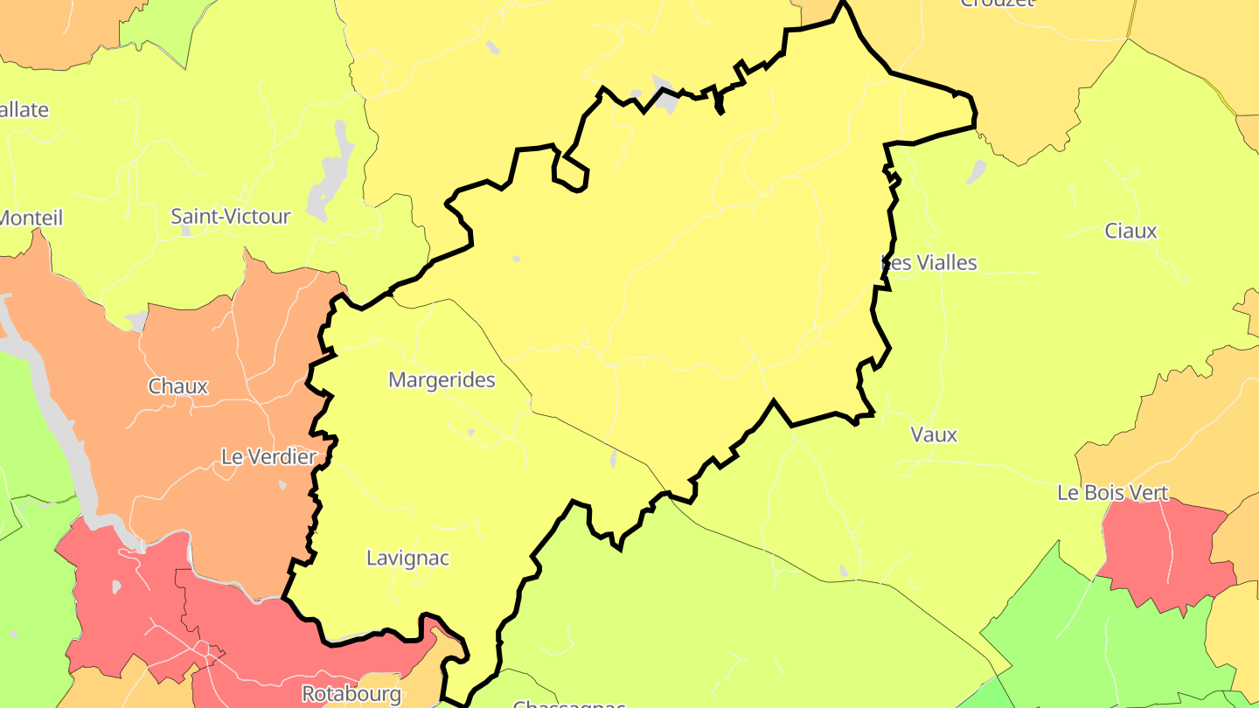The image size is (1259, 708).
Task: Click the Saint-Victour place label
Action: point(230,216)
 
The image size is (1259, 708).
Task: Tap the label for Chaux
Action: point(178,385)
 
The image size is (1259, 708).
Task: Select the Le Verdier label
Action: point(268,456)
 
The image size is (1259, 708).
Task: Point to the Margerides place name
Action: point(442,380)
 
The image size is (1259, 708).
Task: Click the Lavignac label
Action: point(407,558)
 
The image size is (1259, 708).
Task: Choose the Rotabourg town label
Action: point(351,693)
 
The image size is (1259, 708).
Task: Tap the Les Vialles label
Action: point(929,262)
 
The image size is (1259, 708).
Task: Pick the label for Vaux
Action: point(934,434)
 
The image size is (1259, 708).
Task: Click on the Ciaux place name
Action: point(1130,231)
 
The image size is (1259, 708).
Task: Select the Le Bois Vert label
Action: point(1112,493)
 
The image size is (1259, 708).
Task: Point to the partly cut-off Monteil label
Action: point(31,218)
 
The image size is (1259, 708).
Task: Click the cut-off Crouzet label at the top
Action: point(997,3)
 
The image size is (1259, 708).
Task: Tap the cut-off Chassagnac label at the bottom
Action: point(568,703)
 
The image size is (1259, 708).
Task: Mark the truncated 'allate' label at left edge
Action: point(24,110)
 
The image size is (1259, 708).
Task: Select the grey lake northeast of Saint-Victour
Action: point(332,170)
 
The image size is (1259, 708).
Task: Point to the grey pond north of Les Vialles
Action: point(976,171)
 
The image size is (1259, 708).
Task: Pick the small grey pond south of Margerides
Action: point(471,432)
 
